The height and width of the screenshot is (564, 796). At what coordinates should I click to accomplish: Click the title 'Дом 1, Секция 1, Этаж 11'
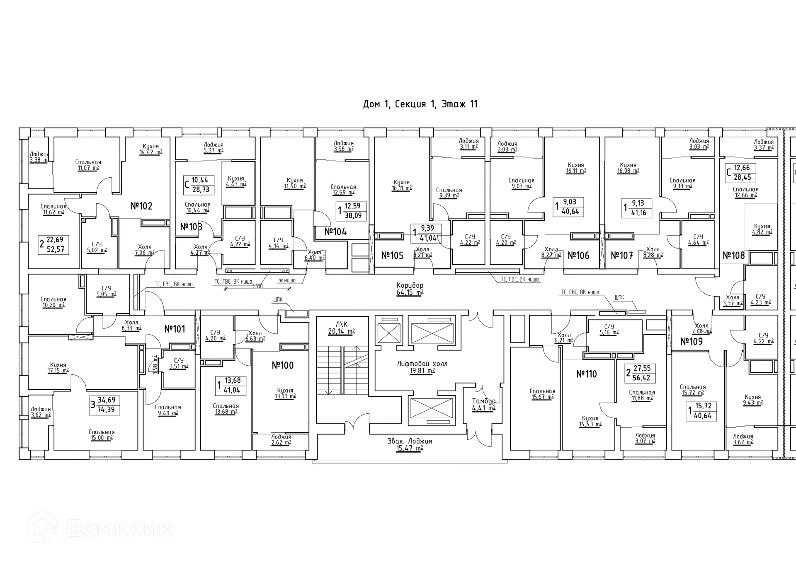420,104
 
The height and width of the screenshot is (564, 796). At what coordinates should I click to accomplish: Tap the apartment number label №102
141,206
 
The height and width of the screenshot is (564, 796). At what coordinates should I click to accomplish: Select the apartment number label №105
392,255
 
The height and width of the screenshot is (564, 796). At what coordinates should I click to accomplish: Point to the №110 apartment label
586,374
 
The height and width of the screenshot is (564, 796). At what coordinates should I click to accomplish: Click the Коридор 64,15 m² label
410,289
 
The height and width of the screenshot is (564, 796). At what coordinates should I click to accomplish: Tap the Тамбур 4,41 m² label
483,405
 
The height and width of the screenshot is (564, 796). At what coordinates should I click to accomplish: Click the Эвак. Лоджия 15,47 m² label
410,444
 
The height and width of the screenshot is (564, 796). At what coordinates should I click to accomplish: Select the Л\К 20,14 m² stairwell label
341,328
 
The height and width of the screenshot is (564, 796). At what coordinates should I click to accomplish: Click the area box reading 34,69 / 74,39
106,405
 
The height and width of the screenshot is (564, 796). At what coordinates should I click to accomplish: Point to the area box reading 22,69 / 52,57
54,244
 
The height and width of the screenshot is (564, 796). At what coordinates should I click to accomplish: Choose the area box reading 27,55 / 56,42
641,373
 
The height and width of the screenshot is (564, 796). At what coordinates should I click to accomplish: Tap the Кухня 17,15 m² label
58,368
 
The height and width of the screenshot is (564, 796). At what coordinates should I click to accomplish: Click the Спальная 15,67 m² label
542,394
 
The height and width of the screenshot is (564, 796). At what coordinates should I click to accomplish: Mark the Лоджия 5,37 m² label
213,147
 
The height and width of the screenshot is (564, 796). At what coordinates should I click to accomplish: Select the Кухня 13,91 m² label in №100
285,393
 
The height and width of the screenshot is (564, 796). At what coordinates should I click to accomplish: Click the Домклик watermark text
118,529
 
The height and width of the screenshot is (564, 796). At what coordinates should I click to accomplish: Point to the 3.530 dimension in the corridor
257,286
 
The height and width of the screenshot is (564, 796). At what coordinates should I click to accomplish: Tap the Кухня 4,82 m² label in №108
762,229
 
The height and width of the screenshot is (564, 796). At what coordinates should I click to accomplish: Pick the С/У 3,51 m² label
179,364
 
